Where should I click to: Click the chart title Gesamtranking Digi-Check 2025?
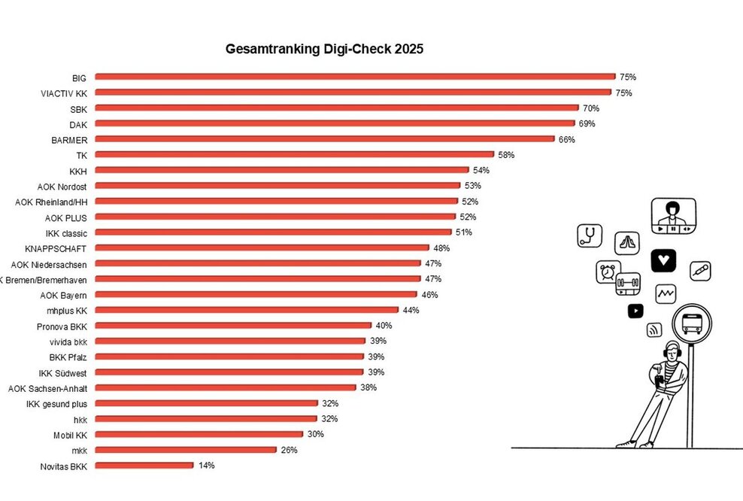[325, 50]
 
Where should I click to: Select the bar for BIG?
[355, 77]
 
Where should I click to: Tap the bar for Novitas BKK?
[144, 466]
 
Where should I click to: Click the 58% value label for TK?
[506, 155]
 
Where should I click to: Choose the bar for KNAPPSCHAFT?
[262, 247]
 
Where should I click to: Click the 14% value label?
[206, 466]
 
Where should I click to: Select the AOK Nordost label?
[62, 186]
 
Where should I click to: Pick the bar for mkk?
[185, 450]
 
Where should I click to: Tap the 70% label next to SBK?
[590, 108]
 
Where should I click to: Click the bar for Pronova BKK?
[233, 326]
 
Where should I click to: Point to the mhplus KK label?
[66, 310]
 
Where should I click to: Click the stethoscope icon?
[590, 236]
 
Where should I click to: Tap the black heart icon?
[663, 260]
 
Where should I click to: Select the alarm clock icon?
[608, 272]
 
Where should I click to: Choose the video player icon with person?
[673, 215]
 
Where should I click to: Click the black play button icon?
[635, 310]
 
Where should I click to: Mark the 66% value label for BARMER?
[566, 139]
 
